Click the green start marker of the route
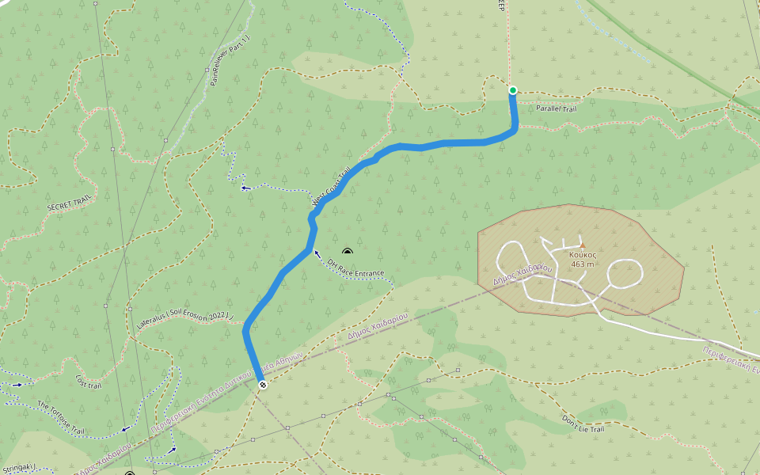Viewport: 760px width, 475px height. pyautogui.click(x=513, y=90)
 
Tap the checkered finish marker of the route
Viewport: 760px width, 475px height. pyautogui.click(x=262, y=385)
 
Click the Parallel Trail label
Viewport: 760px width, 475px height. pyautogui.click(x=556, y=108)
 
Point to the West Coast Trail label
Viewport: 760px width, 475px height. pyautogui.click(x=332, y=188)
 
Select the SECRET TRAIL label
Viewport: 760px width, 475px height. pyautogui.click(x=70, y=203)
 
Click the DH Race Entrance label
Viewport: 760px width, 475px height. pyautogui.click(x=355, y=267)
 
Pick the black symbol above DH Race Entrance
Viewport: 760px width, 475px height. pyautogui.click(x=347, y=251)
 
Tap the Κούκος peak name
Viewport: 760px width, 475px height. pyautogui.click(x=582, y=255)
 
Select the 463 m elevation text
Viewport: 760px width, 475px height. pyautogui.click(x=582, y=264)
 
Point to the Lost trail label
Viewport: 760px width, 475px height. pyautogui.click(x=89, y=383)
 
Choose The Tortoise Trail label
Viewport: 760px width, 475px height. pyautogui.click(x=61, y=418)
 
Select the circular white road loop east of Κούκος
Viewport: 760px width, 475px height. pyautogui.click(x=624, y=274)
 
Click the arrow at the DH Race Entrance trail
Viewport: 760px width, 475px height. pyautogui.click(x=317, y=254)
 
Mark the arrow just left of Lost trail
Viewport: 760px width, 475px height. pyautogui.click(x=17, y=385)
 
